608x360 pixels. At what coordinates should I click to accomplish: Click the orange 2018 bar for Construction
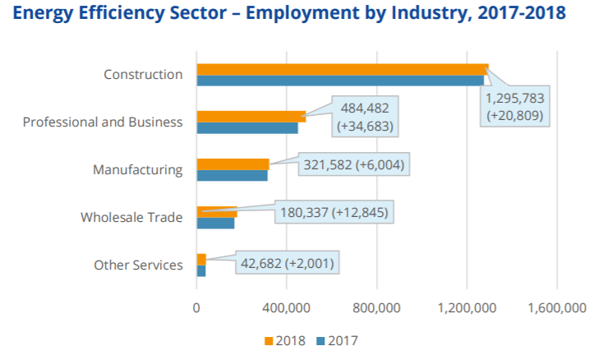point(342,69)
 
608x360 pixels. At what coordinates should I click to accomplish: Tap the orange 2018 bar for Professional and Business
point(251,117)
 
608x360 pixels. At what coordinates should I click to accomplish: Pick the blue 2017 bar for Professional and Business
point(246,127)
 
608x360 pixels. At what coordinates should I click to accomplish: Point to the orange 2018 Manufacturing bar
point(233,164)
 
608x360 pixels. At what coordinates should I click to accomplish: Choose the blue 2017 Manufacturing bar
point(232,175)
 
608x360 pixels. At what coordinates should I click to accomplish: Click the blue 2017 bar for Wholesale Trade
point(215,223)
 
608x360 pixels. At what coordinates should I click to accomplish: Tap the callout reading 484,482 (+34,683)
point(366,117)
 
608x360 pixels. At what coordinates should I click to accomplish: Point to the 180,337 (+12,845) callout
point(333,212)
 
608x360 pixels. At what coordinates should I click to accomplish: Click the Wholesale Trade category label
point(131,218)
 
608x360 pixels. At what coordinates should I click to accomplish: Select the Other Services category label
point(138,265)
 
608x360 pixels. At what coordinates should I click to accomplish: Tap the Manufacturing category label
point(137,170)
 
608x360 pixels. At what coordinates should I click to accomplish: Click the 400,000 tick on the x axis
point(287,308)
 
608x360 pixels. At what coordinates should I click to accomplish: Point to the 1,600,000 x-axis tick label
point(556,308)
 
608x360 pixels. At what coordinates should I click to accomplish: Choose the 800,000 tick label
point(377,308)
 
